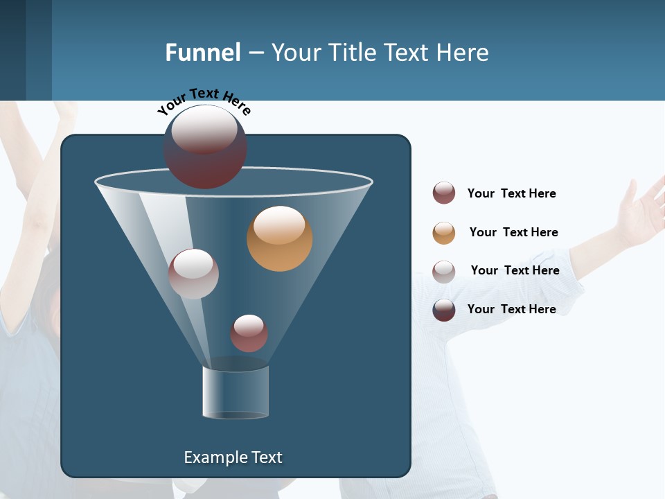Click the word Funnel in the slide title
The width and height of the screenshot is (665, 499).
203,53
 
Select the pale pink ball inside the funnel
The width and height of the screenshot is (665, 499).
193,274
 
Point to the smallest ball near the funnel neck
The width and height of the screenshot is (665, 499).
249,333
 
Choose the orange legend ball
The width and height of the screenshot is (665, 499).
444,233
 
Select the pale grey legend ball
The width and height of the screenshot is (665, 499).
444,272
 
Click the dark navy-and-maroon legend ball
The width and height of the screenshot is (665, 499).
444,310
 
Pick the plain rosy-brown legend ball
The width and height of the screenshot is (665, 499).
444,193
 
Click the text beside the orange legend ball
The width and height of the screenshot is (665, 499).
513,232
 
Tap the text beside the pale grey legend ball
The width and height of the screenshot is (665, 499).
515,270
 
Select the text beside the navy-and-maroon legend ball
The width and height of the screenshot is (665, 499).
511,309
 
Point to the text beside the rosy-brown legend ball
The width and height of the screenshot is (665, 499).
511,193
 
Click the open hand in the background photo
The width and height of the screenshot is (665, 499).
641,211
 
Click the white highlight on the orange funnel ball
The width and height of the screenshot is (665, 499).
279,225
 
